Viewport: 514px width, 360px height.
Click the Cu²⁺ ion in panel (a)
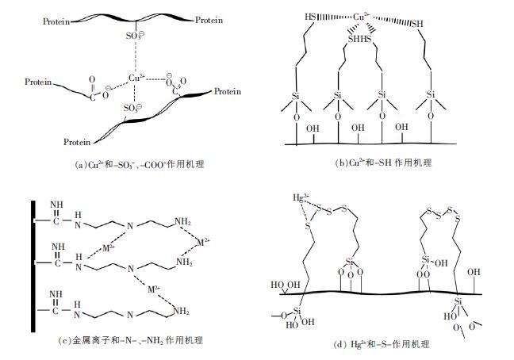pos(136,78)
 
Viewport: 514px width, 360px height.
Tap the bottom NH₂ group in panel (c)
pos(185,310)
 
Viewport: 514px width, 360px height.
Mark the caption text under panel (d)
pos(385,344)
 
